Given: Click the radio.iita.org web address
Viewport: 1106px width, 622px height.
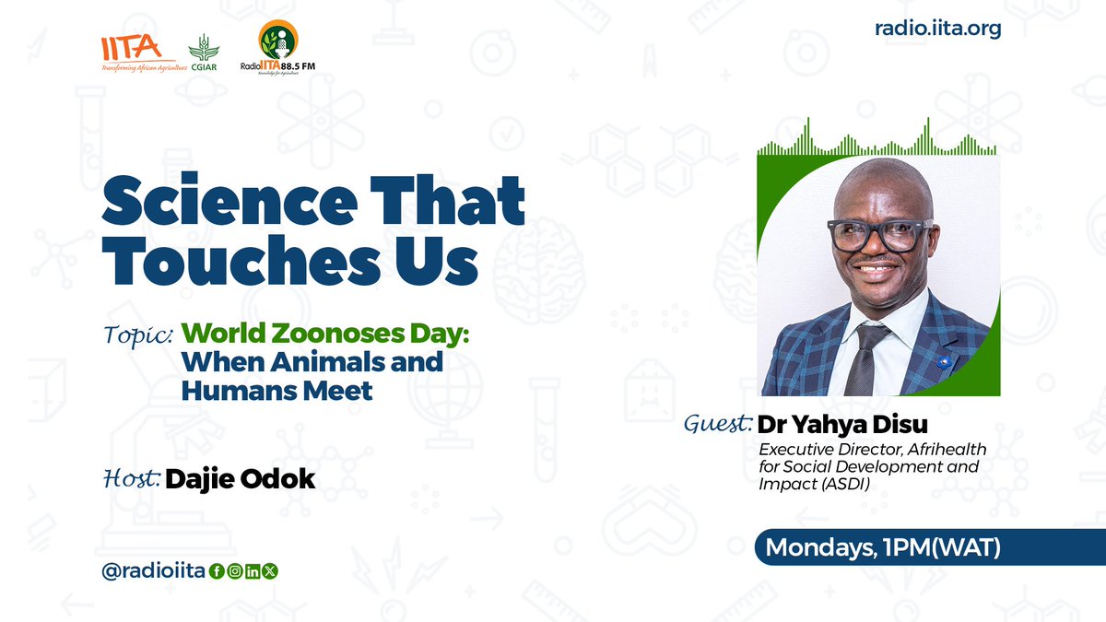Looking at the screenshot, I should coord(937,29).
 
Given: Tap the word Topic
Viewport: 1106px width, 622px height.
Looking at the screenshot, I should coord(137,334).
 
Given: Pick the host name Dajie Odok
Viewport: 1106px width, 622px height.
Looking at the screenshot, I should coord(240,479).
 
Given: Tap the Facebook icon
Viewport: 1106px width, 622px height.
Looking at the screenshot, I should coord(218,572).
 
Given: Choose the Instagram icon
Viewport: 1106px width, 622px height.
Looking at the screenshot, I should coord(235,572).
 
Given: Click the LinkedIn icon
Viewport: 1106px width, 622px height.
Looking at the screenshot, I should coord(253,572).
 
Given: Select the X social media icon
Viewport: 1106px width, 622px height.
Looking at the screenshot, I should coord(270,572).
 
